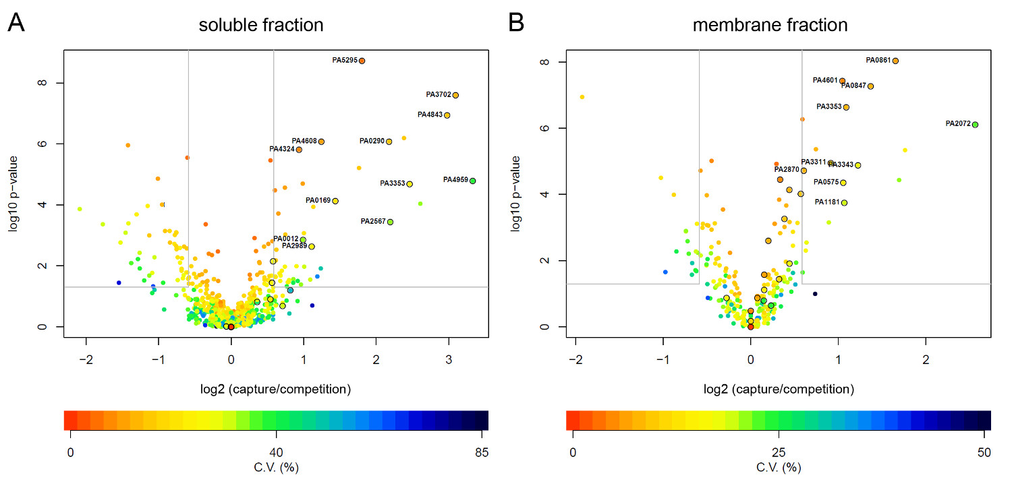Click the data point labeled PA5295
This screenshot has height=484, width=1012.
(x=362, y=61)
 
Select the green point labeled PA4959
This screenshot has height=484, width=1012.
(x=472, y=181)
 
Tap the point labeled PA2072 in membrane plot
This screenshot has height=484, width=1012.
(x=975, y=124)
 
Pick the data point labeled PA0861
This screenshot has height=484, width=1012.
(x=895, y=61)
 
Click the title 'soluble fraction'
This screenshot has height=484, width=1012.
(x=260, y=26)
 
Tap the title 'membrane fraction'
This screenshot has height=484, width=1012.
(x=770, y=26)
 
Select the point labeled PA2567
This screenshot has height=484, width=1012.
(x=390, y=222)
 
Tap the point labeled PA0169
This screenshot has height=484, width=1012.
(x=335, y=201)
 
